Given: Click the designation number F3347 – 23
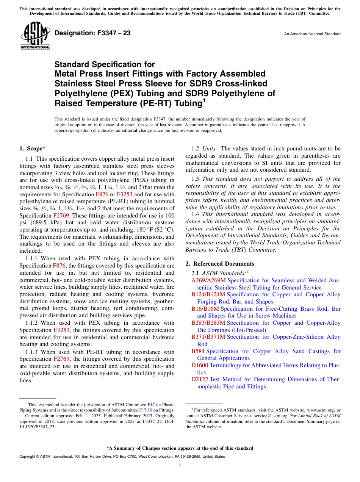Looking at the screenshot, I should pos(92,33).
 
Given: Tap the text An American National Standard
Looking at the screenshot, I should pos(312,34).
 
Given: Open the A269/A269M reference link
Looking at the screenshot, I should pos(208,281).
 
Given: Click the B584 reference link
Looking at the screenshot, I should pos(198,352).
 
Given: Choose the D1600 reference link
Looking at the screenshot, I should pos(200,366).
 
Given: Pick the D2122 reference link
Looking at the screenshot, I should pos(200,380).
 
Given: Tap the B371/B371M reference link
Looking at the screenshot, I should pos(208,337).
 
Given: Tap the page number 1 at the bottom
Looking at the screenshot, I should pos(180,466).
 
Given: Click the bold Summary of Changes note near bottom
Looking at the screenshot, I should pos(180,448).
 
